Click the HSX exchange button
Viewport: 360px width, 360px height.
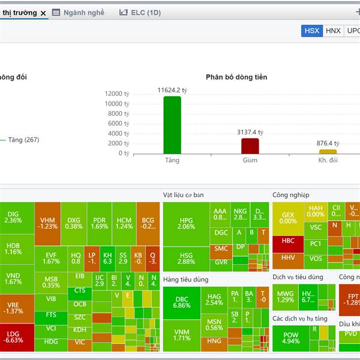[x=312, y=31]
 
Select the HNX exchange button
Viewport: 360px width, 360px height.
[x=333, y=31]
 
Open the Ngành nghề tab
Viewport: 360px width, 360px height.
[x=78, y=12]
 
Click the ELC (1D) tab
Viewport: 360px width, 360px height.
[x=140, y=12]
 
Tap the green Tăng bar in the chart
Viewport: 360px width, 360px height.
[x=172, y=124]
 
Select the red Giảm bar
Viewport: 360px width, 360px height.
[x=250, y=146]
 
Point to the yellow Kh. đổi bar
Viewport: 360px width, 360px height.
[x=328, y=151]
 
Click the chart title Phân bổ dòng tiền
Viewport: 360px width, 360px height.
[x=236, y=77]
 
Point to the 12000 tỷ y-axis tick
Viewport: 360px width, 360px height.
[x=118, y=94]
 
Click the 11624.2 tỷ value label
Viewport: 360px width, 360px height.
[x=172, y=90]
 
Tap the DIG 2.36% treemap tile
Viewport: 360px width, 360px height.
[x=13, y=217]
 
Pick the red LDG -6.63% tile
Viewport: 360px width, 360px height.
[x=13, y=338]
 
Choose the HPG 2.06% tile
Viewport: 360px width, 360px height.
[x=187, y=224]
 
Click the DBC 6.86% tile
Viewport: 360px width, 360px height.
[x=182, y=302]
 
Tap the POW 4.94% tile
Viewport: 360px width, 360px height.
[x=290, y=338]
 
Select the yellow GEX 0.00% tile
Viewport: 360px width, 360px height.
[x=288, y=218]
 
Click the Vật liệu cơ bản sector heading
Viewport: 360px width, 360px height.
[x=184, y=195]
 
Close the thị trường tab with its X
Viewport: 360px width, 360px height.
[x=43, y=13]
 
